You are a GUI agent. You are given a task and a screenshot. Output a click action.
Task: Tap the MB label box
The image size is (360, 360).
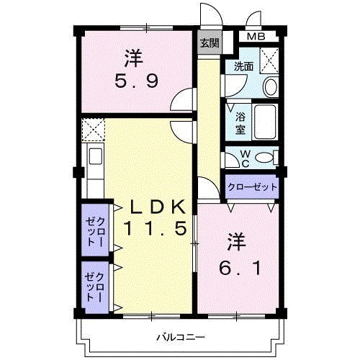(256, 37)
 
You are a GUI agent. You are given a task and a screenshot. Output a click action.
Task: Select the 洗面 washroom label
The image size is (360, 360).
(243, 66)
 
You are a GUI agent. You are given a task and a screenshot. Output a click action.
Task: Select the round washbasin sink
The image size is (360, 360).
(270, 87)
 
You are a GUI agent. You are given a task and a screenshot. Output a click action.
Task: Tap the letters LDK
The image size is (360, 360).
(158, 207)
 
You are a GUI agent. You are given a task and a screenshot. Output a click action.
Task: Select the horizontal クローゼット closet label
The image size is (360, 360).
(251, 186)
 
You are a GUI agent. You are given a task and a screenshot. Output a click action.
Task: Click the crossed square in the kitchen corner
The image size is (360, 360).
(93, 130)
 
